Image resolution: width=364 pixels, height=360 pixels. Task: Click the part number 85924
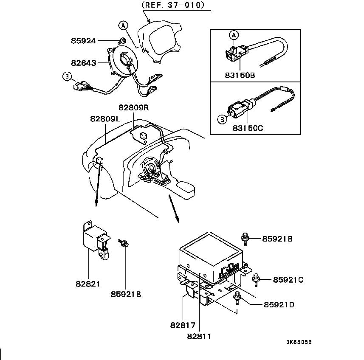coord(83,41)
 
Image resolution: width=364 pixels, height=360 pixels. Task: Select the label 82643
coord(84,63)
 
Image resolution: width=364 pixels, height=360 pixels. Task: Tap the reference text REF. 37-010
coord(173,5)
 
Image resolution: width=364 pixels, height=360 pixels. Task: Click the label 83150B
coord(240,75)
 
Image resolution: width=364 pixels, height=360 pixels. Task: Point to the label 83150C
coord(248,128)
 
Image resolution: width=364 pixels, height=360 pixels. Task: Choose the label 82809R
coord(134,108)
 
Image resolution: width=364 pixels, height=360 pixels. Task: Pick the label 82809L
coord(105,119)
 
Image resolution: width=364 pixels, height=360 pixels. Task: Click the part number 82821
coord(88,284)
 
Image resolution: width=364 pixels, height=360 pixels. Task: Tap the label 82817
coord(183,325)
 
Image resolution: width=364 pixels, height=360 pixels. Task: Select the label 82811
coord(199,336)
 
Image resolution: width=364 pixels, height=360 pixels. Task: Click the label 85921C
coord(288,280)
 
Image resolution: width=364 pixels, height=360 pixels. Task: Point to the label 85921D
coord(279,304)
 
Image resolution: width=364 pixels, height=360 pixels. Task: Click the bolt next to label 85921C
coord(256,279)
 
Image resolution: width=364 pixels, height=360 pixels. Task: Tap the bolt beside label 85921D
coord(237,298)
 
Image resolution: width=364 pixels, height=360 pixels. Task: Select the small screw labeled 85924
coord(122,41)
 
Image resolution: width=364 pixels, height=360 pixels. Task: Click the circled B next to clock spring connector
coord(67,76)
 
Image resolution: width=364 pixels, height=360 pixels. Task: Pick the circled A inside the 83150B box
coord(234,35)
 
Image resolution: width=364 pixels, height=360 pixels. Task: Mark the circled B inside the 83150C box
coord(222,119)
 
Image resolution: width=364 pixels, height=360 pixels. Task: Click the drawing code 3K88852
coord(299,342)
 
